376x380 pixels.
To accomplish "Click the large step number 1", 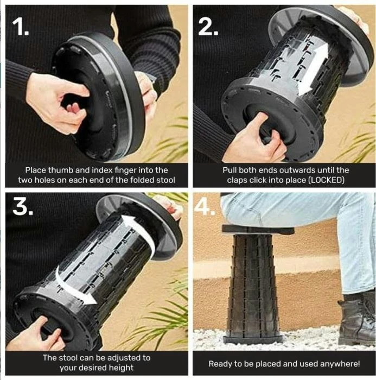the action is click(x=21, y=27).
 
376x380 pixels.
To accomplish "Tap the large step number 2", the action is click(x=208, y=27).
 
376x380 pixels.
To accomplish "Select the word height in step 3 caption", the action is click(x=121, y=368).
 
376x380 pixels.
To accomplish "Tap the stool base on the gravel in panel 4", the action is click(x=253, y=339).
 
